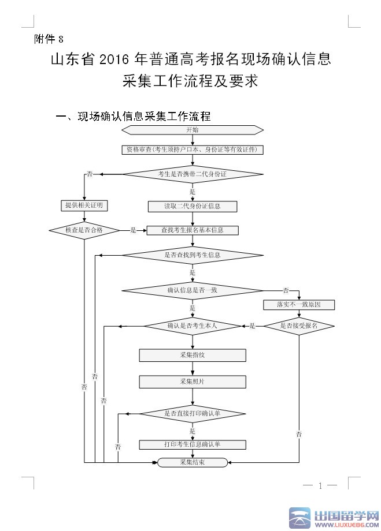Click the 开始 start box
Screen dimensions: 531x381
coord(192,130)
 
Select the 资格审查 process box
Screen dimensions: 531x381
coord(193,149)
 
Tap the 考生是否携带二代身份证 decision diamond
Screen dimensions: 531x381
coord(193,174)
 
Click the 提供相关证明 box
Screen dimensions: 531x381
coord(84,205)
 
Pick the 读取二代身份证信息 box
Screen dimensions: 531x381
coord(193,206)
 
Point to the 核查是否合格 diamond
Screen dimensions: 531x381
coord(84,230)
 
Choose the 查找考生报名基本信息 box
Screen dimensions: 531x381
coord(193,230)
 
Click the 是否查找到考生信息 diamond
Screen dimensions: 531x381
coord(193,255)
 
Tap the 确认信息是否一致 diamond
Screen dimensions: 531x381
coord(193,290)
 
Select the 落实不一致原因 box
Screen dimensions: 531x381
coord(299,304)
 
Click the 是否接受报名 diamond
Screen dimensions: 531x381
coord(299,326)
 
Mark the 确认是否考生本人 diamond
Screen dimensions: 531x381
coord(193,326)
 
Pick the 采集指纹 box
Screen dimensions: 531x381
coord(193,355)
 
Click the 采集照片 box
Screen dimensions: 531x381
coord(193,382)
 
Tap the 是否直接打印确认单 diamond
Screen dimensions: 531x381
coord(193,413)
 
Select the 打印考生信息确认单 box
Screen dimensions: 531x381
coord(193,444)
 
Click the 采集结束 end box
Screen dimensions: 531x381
coord(193,462)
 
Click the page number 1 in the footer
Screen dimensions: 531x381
coord(320,486)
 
